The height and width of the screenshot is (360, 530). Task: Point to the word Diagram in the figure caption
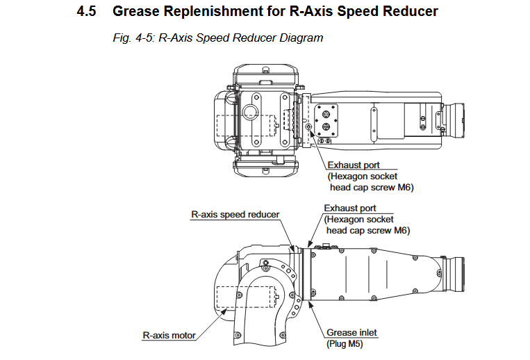point(301,38)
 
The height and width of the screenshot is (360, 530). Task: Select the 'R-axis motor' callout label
point(169,336)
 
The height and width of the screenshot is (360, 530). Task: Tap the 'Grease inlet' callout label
point(351,332)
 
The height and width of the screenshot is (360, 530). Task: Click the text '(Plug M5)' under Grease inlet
point(345,343)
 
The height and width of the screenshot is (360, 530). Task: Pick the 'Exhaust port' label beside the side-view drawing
point(350,208)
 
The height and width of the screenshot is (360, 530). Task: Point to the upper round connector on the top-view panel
point(325,111)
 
